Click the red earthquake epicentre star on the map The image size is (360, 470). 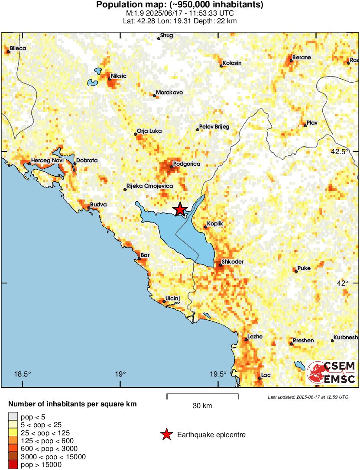click(x=180, y=210)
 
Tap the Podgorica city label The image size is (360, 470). click(x=186, y=164)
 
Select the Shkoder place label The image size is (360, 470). click(x=233, y=262)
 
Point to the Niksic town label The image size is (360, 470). click(x=118, y=76)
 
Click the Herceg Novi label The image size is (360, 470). click(x=47, y=161)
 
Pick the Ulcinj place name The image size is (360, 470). click(x=172, y=299)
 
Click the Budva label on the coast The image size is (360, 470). click(x=98, y=205)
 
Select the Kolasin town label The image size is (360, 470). click(x=232, y=63)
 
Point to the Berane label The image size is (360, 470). click(x=302, y=57)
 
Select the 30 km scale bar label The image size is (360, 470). click(x=202, y=406)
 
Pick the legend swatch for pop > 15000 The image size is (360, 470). click(x=13, y=465)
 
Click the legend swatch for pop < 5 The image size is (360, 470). click(x=13, y=416)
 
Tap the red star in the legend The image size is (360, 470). click(x=166, y=435)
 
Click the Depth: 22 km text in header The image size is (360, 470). click(x=216, y=21)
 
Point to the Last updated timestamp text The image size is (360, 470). click(x=308, y=397)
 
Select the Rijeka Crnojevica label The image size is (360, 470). click(x=149, y=186)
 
